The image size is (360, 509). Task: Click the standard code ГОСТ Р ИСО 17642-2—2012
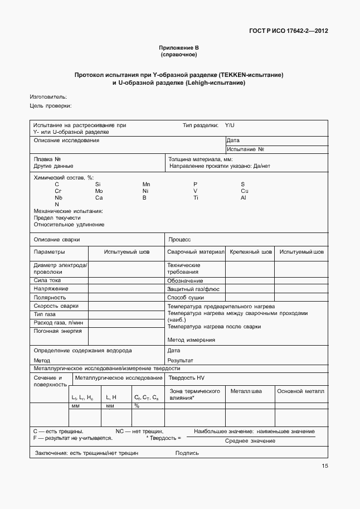tap(288, 31)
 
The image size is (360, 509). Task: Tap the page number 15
tap(324, 467)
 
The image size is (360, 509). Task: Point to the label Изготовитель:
tap(48, 96)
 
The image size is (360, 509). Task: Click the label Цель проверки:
tap(51, 106)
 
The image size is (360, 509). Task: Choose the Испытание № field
tap(245, 149)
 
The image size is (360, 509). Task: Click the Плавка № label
tap(47, 159)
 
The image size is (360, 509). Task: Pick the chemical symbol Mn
tap(146, 184)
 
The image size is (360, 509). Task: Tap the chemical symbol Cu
tap(244, 191)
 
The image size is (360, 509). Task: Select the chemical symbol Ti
tap(196, 197)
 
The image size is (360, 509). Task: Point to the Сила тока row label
tap(47, 280)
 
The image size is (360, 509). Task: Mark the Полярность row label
tap(50, 297)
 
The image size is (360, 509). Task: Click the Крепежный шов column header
tap(251, 252)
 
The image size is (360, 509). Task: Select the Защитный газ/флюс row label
tap(193, 289)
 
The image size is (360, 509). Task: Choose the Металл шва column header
tap(246, 391)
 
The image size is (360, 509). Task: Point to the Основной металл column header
tap(301, 391)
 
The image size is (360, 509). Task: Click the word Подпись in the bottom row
tap(187, 453)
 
